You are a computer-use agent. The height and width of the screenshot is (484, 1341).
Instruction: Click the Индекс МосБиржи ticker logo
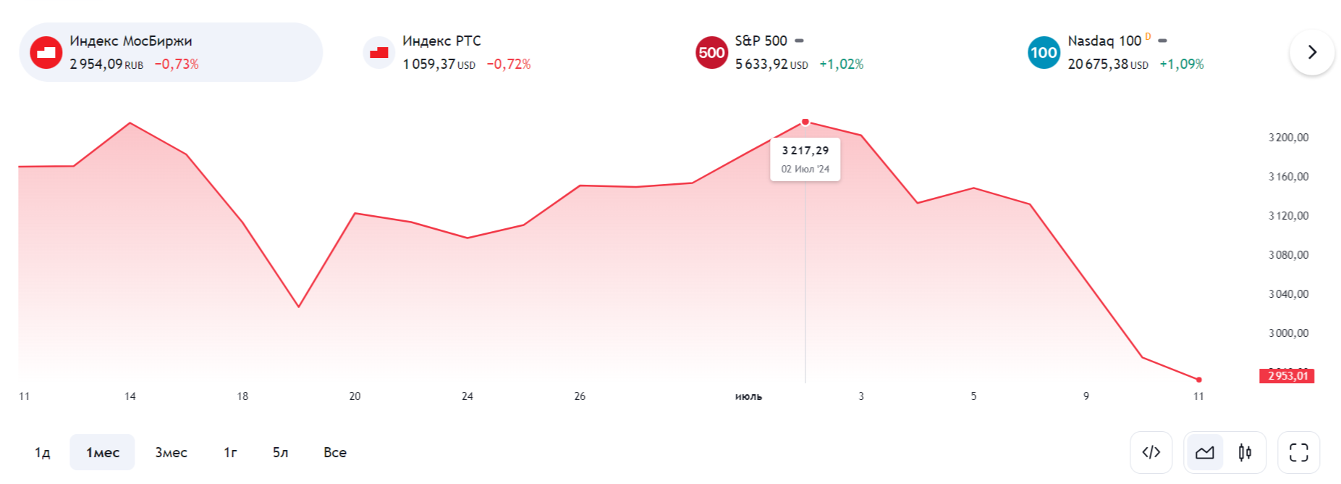(46, 53)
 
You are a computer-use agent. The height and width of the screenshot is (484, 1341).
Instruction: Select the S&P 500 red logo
(711, 53)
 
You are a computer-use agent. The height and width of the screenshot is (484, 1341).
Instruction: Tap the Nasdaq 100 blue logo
(1044, 53)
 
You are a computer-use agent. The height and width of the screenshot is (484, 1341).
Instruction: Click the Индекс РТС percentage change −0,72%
(509, 64)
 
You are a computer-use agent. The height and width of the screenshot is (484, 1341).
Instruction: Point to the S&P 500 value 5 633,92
(761, 64)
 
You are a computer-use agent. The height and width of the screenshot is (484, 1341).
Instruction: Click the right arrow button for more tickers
(1311, 52)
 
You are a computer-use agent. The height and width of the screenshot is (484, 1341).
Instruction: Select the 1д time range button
(43, 453)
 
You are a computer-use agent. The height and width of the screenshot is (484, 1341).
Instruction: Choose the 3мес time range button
(171, 453)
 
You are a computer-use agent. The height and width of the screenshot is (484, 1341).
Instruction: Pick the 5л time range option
(280, 453)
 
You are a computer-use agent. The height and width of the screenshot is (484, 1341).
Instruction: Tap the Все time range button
(335, 453)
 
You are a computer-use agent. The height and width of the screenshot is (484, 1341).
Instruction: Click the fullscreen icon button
(1298, 453)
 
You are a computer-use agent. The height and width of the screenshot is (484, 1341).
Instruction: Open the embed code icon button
(1151, 453)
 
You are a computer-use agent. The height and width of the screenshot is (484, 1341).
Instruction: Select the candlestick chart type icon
(1245, 453)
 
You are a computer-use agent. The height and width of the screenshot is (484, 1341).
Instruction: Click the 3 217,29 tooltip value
(805, 151)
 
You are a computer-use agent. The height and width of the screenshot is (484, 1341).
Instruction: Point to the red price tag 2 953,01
(1287, 376)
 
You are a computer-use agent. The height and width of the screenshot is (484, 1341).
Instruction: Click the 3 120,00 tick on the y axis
(1288, 216)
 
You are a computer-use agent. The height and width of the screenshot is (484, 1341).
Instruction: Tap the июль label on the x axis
(748, 396)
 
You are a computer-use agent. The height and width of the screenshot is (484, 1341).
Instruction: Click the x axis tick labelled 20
(355, 396)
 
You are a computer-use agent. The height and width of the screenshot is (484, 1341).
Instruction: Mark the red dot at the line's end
(1199, 380)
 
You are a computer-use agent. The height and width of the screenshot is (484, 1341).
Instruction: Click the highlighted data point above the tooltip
(805, 122)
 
